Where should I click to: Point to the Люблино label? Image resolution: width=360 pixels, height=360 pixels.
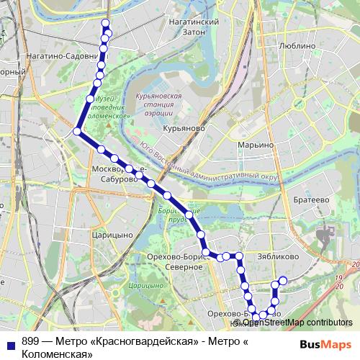pos(296,45)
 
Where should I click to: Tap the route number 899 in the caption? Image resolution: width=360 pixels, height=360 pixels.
pos(30,342)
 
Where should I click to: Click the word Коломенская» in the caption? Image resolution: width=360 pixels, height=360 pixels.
pos(57,354)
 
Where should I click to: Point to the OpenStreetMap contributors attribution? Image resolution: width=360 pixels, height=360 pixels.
pos(299,323)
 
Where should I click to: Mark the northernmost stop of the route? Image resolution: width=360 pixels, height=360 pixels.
pos(106,24)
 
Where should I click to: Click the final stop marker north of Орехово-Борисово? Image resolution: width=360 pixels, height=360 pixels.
pos(283,280)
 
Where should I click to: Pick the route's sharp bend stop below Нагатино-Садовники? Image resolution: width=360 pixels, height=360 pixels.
pos(77,130)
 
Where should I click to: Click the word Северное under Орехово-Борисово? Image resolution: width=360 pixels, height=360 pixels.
pos(184,267)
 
